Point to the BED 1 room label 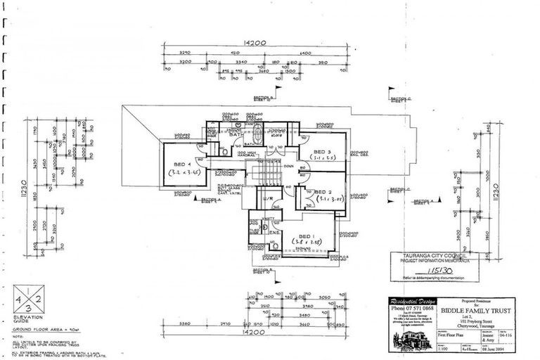305,236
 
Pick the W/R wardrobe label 268,199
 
